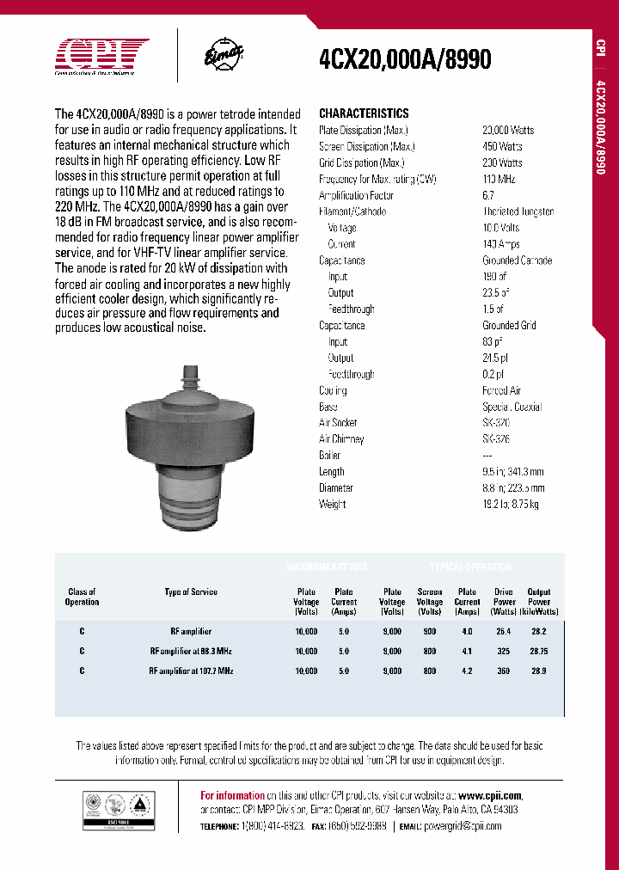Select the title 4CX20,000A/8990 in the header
pos(405,58)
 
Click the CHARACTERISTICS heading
pos(364,113)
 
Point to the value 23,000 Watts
pos(508,130)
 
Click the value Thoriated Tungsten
pos(518,211)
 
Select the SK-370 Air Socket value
pos(495,423)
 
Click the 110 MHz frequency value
pos(499,179)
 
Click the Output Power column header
pos(539,602)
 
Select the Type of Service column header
pos(191,592)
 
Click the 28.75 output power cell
pos(538,652)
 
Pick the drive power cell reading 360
pos(504,671)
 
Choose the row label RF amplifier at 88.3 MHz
pos(191,652)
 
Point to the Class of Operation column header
pos(82,597)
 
